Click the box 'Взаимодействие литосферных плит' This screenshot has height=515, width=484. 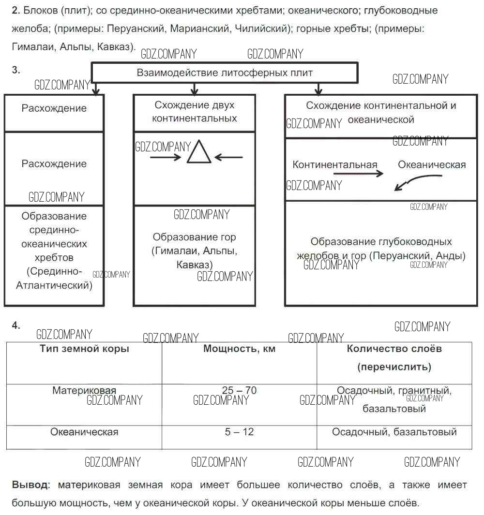(225, 74)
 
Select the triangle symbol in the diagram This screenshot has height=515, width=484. (199, 152)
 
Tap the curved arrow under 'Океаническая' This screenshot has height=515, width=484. (411, 182)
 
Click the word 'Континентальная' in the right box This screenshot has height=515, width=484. (334, 165)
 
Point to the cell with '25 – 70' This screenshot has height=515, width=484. (239, 390)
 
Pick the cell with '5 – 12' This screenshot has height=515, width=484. (239, 432)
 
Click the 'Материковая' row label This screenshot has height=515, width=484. (84, 390)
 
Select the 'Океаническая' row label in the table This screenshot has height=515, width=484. (84, 432)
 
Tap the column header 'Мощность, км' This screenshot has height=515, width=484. (239, 349)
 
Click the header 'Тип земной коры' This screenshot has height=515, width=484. (84, 349)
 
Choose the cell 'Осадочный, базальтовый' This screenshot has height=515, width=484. (394, 432)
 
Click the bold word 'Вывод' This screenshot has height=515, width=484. (30, 485)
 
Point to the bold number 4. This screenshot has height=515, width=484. (16, 325)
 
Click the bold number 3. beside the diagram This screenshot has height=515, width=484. (16, 70)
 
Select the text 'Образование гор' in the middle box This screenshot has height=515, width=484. (194, 237)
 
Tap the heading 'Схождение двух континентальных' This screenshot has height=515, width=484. (194, 112)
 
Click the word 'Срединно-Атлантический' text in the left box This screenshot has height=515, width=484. (54, 278)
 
